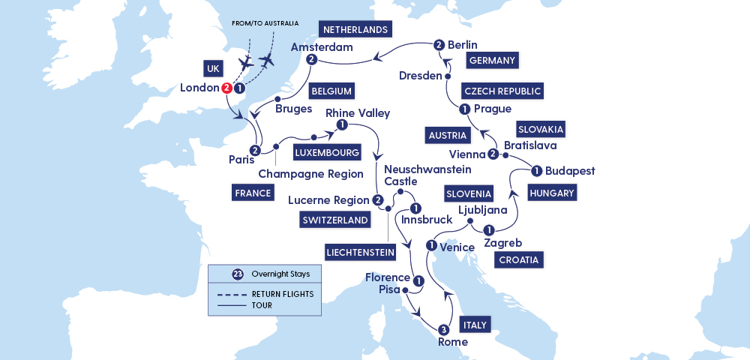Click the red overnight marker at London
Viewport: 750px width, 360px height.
point(226,88)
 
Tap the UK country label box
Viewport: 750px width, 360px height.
point(213,67)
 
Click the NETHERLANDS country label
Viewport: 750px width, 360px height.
point(355,30)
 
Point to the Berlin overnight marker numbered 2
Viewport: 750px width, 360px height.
point(439,45)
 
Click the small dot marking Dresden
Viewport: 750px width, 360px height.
point(448,76)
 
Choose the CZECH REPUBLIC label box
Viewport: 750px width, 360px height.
point(502,91)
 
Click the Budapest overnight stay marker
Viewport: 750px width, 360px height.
point(536,171)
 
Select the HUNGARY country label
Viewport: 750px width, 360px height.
point(552,193)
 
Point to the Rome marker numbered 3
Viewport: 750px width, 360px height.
point(443,329)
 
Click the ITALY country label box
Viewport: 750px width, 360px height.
point(475,325)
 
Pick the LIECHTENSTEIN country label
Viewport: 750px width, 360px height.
point(361,251)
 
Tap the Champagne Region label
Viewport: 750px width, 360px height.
point(307,174)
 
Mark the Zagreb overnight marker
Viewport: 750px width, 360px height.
point(489,230)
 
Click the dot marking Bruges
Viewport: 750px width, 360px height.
point(278,99)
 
